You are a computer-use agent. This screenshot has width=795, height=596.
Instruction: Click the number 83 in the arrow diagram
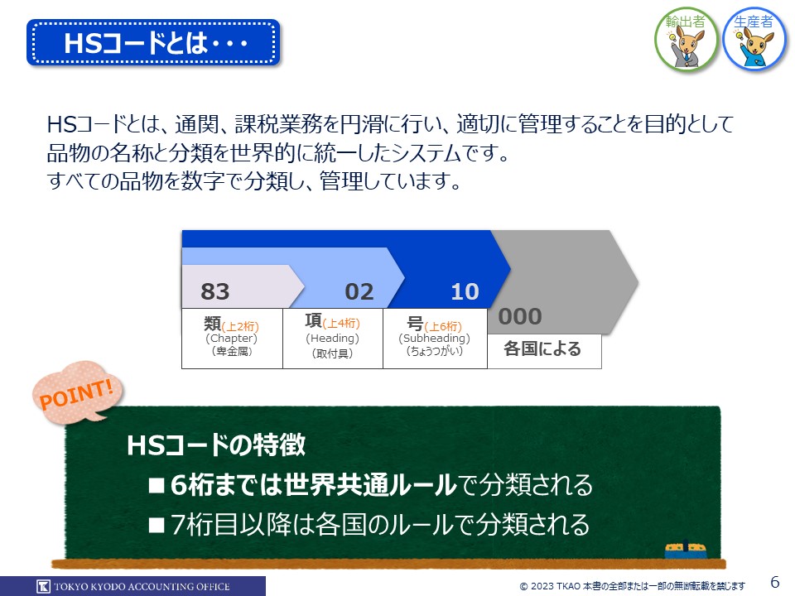(215, 291)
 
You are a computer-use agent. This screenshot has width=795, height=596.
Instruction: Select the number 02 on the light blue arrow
(359, 291)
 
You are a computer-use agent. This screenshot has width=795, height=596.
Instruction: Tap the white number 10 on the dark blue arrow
(465, 291)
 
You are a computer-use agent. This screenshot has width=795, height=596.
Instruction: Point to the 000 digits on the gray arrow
(520, 316)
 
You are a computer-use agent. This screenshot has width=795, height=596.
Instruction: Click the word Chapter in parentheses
(231, 338)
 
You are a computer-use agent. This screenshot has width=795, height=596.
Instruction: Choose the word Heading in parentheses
(332, 338)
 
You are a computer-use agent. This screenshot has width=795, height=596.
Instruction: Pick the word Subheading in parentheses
(435, 338)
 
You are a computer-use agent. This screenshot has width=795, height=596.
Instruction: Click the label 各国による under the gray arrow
(542, 348)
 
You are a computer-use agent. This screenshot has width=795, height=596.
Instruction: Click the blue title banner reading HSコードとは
(153, 42)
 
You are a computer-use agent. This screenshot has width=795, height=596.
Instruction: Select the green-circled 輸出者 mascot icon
(686, 39)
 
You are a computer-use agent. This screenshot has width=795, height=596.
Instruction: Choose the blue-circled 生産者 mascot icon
(754, 39)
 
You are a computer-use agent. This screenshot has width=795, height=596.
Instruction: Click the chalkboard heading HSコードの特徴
(216, 445)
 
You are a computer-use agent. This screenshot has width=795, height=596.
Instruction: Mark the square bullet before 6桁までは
(157, 486)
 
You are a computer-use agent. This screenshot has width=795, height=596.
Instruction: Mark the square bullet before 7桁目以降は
(157, 525)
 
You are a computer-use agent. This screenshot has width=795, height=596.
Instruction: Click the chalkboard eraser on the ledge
(686, 550)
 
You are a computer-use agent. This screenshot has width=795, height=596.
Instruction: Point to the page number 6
(775, 581)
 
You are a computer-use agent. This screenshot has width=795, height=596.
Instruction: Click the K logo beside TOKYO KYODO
(44, 586)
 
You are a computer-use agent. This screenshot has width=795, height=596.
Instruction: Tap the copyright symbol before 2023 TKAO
(523, 586)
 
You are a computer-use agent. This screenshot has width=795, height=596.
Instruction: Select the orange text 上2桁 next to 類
(240, 326)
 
